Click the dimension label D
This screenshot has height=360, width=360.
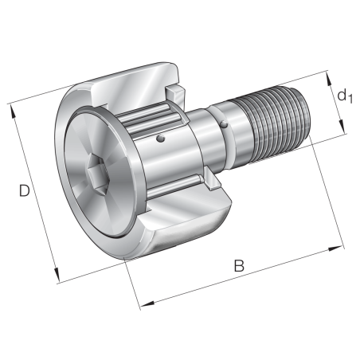tap(25, 192)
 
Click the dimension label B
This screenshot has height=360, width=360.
tap(238, 266)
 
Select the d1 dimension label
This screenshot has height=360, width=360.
tap(342, 96)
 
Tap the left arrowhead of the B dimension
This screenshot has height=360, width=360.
tap(143, 306)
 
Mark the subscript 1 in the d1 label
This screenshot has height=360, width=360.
tap(348, 100)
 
